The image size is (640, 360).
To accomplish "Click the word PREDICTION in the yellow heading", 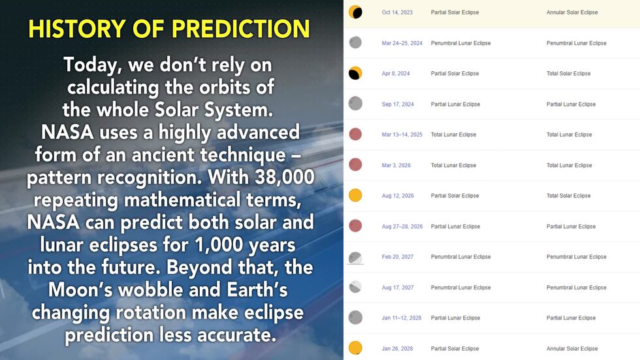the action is pyautogui.click(x=240, y=29).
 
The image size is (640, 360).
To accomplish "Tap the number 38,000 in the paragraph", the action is pyautogui.click(x=285, y=177).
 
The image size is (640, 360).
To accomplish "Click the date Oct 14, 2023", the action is pyautogui.click(x=397, y=12).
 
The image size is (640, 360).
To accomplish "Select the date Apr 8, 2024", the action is pyautogui.click(x=396, y=73).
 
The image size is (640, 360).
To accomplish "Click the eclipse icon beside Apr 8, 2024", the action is pyautogui.click(x=355, y=73).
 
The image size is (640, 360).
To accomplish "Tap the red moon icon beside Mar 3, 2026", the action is pyautogui.click(x=355, y=165).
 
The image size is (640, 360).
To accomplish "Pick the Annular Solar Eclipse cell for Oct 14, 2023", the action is pyautogui.click(x=572, y=12).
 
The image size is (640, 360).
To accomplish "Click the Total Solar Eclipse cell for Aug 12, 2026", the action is pyautogui.click(x=569, y=195).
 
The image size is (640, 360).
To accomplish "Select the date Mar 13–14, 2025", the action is pyautogui.click(x=402, y=135).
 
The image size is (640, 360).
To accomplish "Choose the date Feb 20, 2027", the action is pyautogui.click(x=398, y=257).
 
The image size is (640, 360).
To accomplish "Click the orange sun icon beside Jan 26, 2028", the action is pyautogui.click(x=355, y=348).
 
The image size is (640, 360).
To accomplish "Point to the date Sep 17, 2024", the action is pyautogui.click(x=398, y=104).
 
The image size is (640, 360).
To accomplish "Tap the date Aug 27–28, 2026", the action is pyautogui.click(x=402, y=226).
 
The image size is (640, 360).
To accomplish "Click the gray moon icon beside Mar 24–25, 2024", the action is pyautogui.click(x=355, y=42).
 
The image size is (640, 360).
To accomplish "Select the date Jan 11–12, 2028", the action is pyautogui.click(x=401, y=318).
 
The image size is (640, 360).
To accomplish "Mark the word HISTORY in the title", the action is pyautogui.click(x=77, y=29).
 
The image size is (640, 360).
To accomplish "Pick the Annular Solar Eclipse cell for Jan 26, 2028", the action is pyautogui.click(x=572, y=349).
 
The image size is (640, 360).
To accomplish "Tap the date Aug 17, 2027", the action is pyautogui.click(x=398, y=287).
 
